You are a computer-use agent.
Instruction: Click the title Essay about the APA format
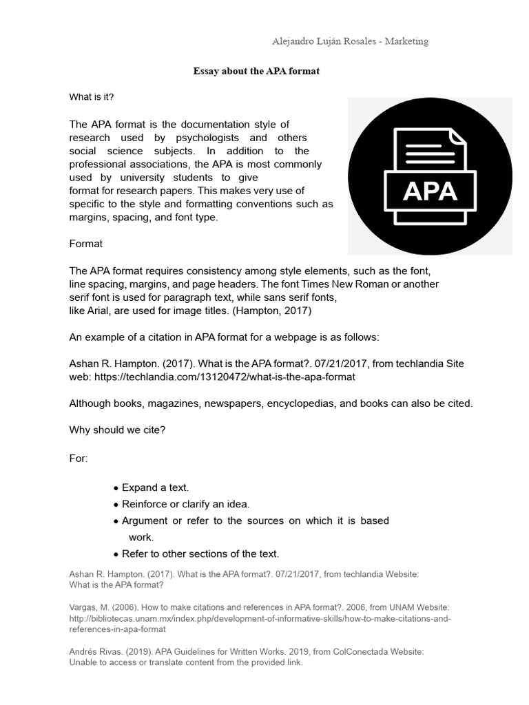(x=256, y=72)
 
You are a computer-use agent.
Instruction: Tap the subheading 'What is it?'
(x=92, y=97)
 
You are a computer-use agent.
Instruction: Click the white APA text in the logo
(x=430, y=190)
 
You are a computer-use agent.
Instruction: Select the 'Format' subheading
(x=86, y=244)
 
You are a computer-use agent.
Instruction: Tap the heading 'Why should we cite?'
(x=117, y=430)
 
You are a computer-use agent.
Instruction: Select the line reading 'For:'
(x=79, y=458)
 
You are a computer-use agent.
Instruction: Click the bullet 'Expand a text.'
(x=155, y=487)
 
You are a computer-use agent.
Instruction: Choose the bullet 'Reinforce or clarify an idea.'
(x=185, y=504)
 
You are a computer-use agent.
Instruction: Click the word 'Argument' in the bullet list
(x=145, y=520)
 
